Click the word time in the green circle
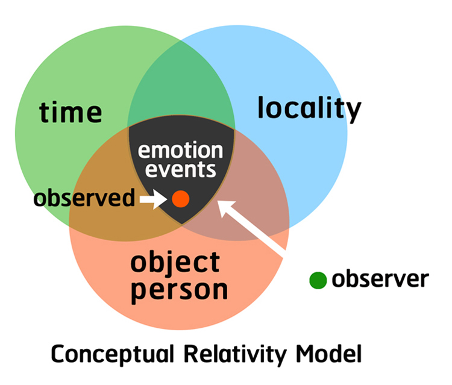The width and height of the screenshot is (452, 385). (x=71, y=113)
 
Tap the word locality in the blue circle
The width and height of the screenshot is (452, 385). (x=309, y=109)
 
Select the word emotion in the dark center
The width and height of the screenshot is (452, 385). (x=180, y=150)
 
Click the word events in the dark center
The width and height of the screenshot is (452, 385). (x=180, y=170)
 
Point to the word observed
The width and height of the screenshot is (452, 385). (x=84, y=198)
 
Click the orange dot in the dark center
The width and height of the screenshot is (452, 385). (x=180, y=199)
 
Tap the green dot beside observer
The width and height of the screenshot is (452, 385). (x=318, y=280)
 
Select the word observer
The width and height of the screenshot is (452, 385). (x=380, y=279)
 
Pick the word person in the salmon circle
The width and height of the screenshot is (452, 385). (x=180, y=291)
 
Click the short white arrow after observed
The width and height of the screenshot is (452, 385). (x=153, y=199)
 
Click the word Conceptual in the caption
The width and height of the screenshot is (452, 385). (x=113, y=354)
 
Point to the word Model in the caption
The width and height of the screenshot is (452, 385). (x=329, y=354)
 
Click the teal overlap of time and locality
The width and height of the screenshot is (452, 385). (x=181, y=84)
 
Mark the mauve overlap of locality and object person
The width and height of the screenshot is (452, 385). (x=254, y=202)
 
